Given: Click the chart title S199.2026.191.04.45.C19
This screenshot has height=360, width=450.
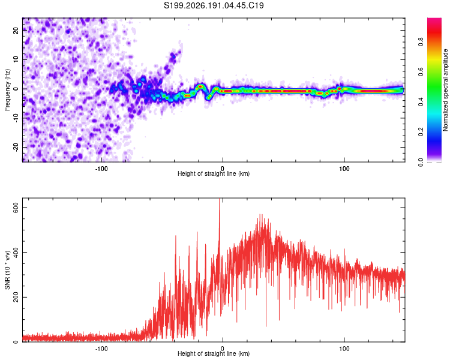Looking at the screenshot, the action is coord(214,5).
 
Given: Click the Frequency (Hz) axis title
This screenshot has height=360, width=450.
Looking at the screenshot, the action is coord(7,90).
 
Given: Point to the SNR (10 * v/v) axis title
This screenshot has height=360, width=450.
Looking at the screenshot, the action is coord(7,270).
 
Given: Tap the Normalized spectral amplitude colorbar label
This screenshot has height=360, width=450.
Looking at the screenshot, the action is coord(445,90).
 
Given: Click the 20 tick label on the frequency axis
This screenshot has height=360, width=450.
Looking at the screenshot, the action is coord(16,30).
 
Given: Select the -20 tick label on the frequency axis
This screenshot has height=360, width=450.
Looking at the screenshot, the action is coord(16,147).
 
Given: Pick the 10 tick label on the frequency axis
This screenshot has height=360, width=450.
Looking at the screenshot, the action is coord(16,59).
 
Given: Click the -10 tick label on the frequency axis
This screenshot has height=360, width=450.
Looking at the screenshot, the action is coord(16,118).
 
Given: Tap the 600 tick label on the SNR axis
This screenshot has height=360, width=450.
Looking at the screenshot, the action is coord(16,207).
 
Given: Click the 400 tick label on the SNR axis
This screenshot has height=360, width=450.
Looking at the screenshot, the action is coord(16,252).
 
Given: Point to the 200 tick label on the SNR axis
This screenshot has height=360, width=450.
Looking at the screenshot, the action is coord(16,297).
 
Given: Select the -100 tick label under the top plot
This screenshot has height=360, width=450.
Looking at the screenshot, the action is coord(101,169).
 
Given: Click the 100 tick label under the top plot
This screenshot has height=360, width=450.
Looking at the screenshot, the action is coord(344,169).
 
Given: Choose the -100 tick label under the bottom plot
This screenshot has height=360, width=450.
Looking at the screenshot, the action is coord(101,349).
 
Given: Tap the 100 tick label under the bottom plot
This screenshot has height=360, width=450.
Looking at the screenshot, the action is coord(344,349).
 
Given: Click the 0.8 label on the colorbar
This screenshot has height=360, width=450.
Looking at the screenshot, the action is coord(421,42).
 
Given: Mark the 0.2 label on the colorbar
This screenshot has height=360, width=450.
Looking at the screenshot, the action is coord(421,132).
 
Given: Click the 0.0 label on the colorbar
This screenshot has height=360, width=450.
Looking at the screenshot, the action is coord(421,162).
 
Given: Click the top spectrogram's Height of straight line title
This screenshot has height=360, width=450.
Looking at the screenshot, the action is coord(214,173).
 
